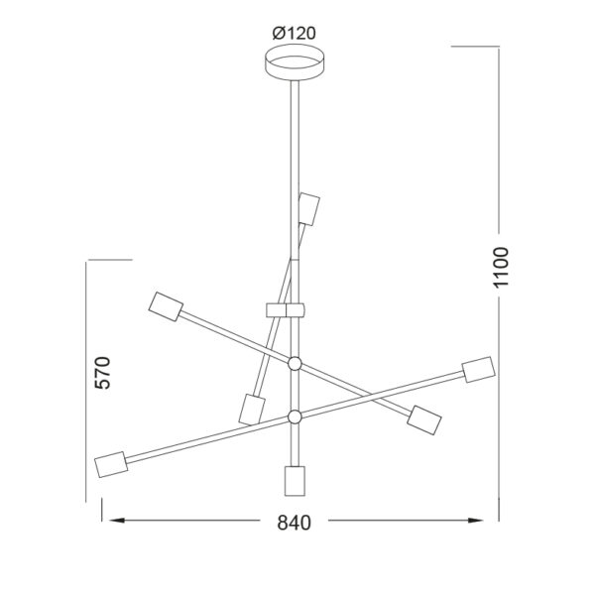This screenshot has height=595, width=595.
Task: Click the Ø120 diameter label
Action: (x=295, y=34)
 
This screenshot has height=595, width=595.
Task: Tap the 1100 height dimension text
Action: (x=501, y=268)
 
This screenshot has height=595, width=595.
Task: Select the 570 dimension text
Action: (x=102, y=373)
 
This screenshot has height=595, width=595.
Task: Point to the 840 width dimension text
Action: (x=295, y=523)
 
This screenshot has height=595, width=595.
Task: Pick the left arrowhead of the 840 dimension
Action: (x=117, y=521)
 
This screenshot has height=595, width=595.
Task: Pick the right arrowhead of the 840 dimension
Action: (x=475, y=521)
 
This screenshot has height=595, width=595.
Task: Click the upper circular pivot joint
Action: (x=295, y=364)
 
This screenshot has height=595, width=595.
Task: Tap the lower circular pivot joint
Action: (x=295, y=416)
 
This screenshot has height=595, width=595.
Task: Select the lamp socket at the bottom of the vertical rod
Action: (x=295, y=481)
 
